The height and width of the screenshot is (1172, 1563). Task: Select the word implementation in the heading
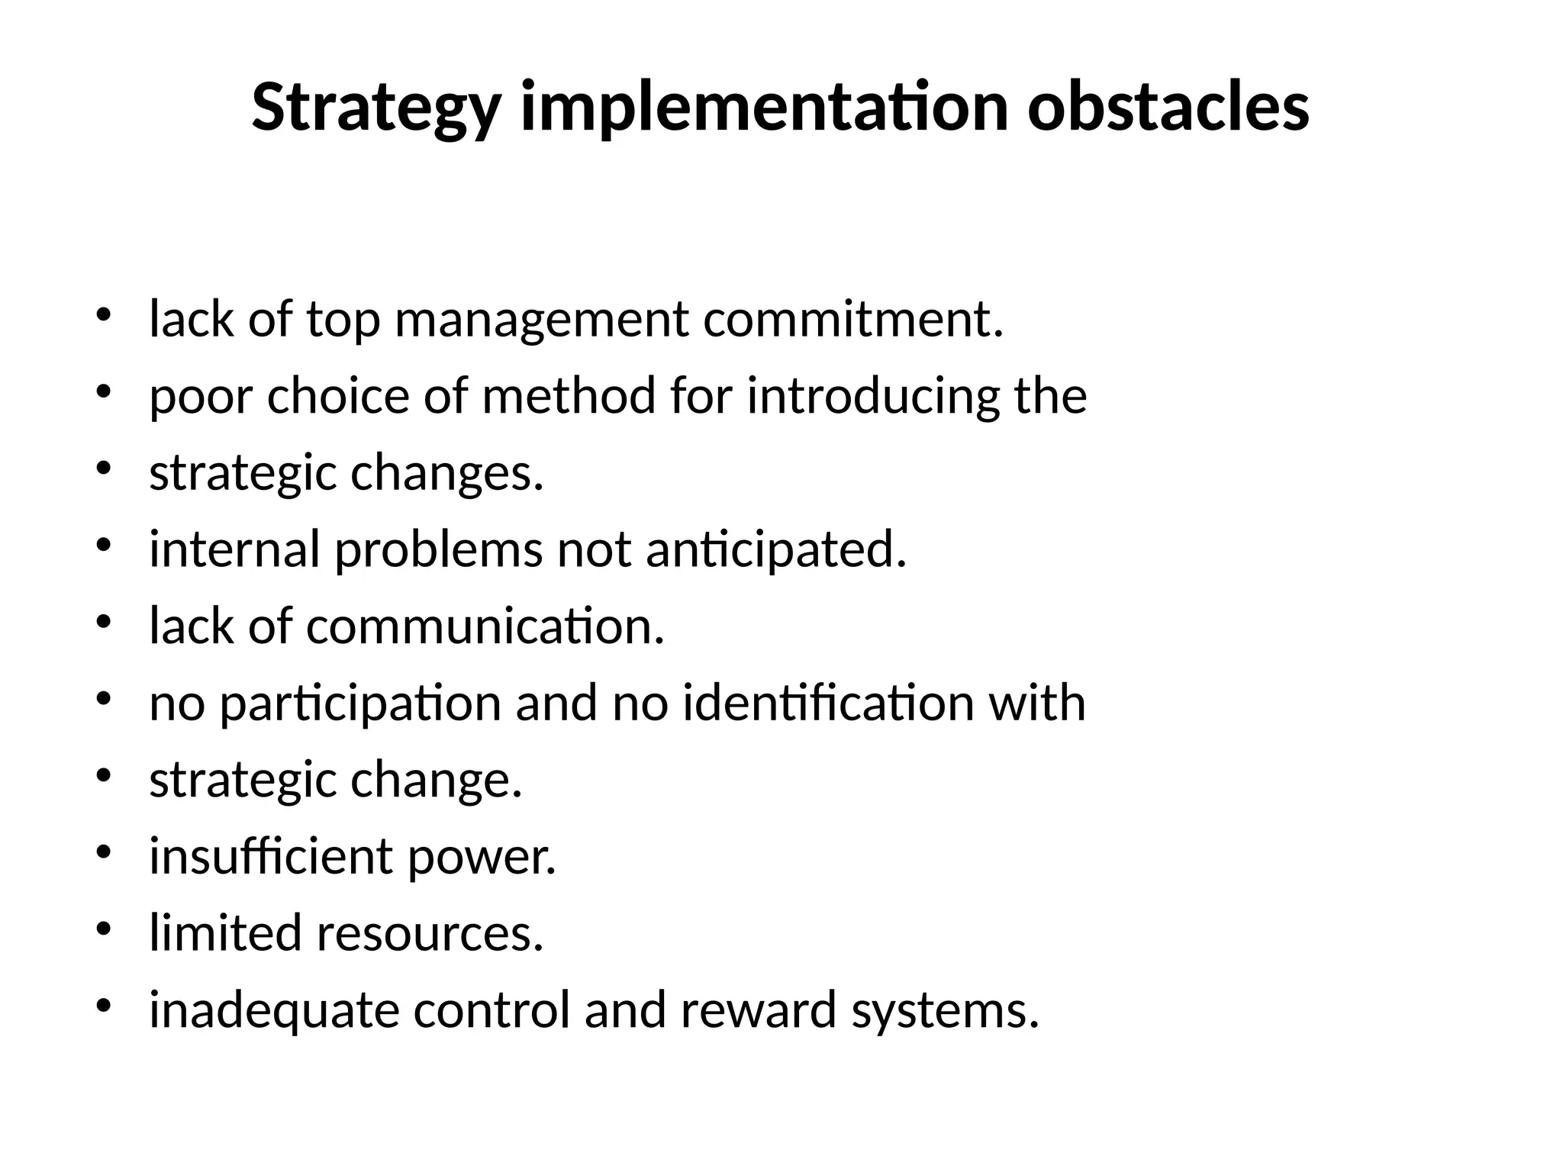coord(763,108)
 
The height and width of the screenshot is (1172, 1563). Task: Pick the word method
coord(569,396)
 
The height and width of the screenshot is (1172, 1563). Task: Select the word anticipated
coord(776,550)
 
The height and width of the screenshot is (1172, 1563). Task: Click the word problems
coord(439,550)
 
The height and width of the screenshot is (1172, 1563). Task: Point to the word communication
coord(485,626)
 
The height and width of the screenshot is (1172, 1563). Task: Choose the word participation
coord(360,704)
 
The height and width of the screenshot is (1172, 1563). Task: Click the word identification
coord(828,703)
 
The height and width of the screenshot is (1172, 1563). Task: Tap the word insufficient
coord(270,856)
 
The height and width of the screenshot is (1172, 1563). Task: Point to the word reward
coord(759,1009)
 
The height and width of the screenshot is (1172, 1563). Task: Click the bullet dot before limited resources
coord(105,929)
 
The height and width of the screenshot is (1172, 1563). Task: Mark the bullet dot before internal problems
coord(105,545)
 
